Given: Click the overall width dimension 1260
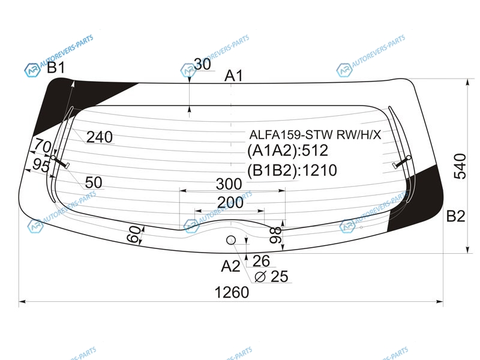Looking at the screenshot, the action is click(232, 292).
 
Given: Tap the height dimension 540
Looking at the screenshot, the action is click(460, 166).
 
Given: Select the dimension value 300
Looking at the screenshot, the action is click(229, 184).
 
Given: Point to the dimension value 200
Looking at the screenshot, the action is click(230, 202).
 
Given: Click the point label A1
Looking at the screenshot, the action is click(233, 76).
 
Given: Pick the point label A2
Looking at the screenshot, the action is click(230, 266).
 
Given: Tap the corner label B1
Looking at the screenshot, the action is click(56, 68).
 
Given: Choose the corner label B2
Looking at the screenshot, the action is click(456, 216).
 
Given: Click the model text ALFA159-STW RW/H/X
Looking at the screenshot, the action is click(316, 134).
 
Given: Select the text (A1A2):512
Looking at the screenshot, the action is click(288, 151).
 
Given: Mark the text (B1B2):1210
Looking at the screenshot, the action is click(292, 170).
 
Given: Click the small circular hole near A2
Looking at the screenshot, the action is click(231, 241).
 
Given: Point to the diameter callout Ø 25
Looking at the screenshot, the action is click(272, 277).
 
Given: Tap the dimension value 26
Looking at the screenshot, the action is click(261, 261).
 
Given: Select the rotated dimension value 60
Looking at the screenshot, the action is click(134, 234).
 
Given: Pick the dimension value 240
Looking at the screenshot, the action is click(100, 137).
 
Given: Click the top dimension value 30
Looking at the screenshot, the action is click(202, 64).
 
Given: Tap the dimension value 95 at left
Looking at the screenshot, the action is click(41, 166).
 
